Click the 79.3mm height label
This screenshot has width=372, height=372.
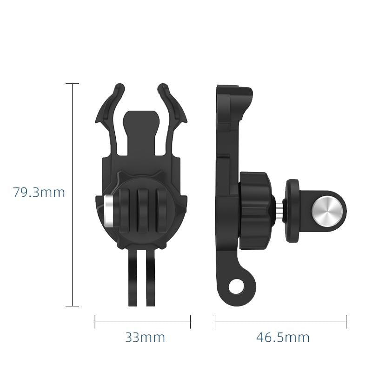point(39,192)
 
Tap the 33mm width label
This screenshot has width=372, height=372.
point(145,337)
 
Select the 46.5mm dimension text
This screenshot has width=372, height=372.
point(283,337)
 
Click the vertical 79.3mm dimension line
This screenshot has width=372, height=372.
point(72,195)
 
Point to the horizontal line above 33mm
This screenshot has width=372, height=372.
point(142,321)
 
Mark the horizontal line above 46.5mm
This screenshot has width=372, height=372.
point(280,321)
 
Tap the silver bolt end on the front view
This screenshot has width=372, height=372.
point(108,210)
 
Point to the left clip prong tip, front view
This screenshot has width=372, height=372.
point(120,87)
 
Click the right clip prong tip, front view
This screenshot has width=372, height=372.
point(163,87)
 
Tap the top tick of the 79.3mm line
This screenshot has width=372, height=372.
point(72,84)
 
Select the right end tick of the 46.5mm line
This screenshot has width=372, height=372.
point(346,321)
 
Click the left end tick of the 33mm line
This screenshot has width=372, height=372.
point(95,321)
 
